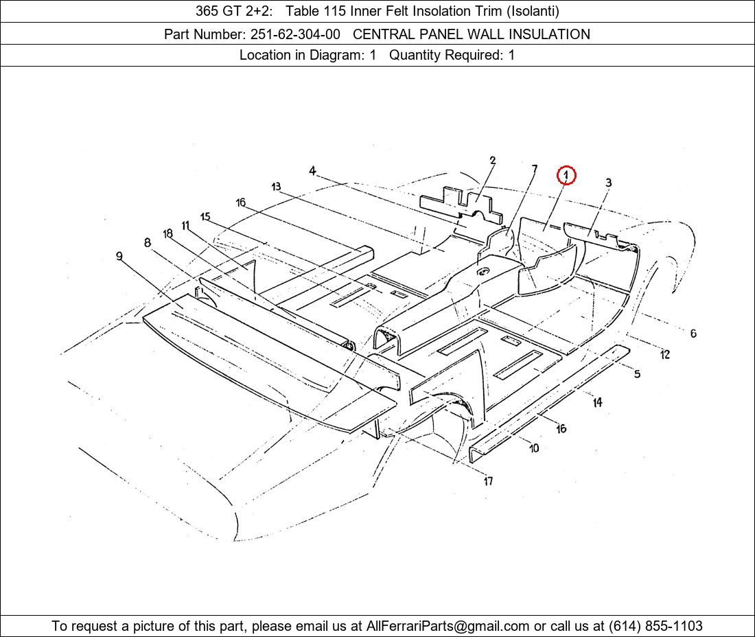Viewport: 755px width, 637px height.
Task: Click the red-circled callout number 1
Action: pyautogui.click(x=566, y=175)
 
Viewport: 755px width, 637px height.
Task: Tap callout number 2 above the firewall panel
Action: pyautogui.click(x=493, y=161)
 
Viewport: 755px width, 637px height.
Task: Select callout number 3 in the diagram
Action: pyautogui.click(x=609, y=183)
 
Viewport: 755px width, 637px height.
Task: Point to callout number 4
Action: pyautogui.click(x=312, y=170)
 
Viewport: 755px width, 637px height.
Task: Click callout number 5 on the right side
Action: pyautogui.click(x=637, y=373)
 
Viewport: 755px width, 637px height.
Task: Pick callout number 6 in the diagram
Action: pyautogui.click(x=693, y=333)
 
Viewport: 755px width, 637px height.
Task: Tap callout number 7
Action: pyautogui.click(x=535, y=169)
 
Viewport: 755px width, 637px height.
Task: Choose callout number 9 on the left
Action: pyautogui.click(x=119, y=255)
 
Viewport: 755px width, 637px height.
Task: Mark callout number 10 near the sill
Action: pyautogui.click(x=534, y=448)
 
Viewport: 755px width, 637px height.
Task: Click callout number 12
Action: pyautogui.click(x=665, y=354)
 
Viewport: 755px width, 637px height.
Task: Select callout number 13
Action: pyautogui.click(x=276, y=186)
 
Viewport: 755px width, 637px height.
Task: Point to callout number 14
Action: pyautogui.click(x=598, y=402)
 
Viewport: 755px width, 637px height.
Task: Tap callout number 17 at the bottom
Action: pyautogui.click(x=488, y=480)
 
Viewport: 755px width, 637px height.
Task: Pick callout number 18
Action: pyautogui.click(x=167, y=233)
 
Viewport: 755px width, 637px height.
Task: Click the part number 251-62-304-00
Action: pyautogui.click(x=295, y=34)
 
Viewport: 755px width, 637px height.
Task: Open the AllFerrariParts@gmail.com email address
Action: pyautogui.click(x=448, y=626)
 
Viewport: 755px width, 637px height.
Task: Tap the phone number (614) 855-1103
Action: pyautogui.click(x=655, y=626)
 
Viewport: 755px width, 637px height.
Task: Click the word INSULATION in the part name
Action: pyautogui.click(x=549, y=34)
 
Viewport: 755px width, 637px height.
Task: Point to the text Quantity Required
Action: pyautogui.click(x=446, y=55)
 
